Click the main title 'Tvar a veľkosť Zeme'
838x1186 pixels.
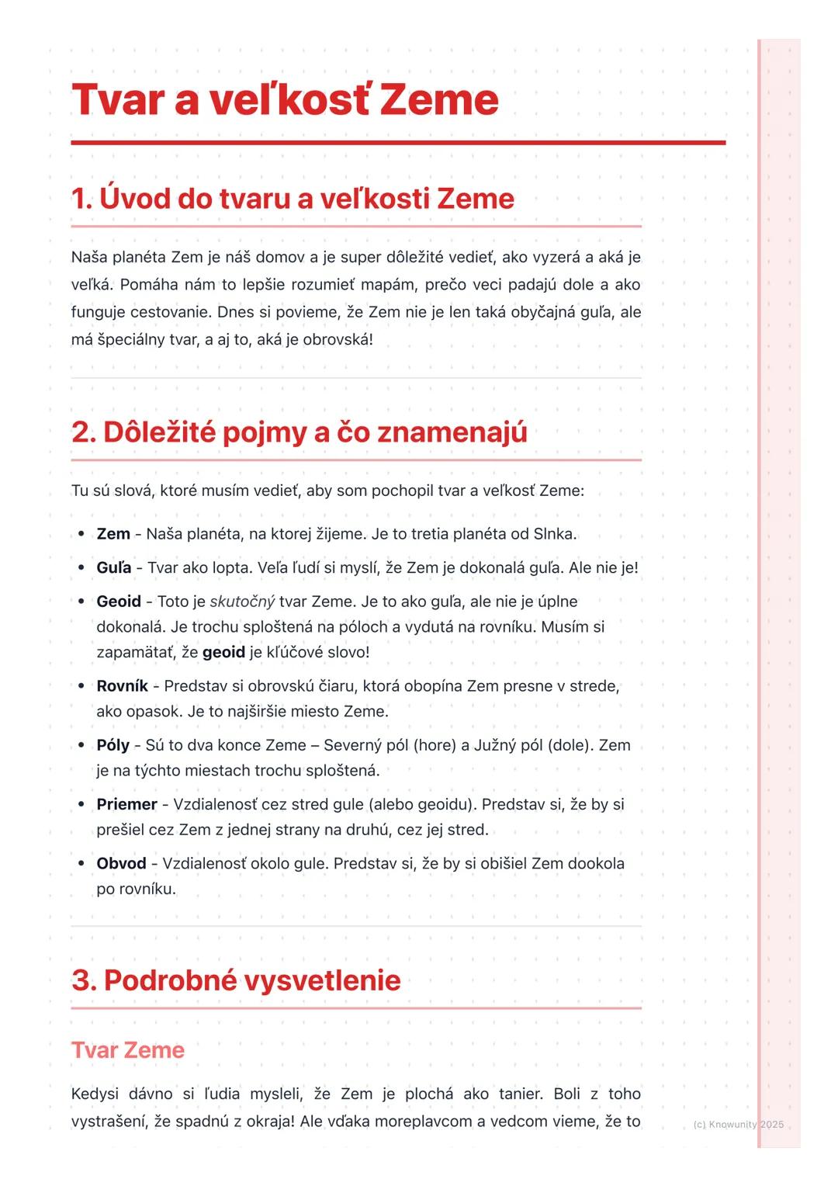click(x=285, y=100)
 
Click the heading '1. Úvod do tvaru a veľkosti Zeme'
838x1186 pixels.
click(x=293, y=199)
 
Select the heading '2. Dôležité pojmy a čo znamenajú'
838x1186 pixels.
click(x=299, y=432)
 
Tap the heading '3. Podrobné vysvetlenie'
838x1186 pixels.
click(x=236, y=980)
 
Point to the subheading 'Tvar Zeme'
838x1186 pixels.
click(x=128, y=1050)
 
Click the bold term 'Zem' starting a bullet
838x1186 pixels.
click(x=113, y=534)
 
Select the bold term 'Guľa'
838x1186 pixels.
click(x=114, y=567)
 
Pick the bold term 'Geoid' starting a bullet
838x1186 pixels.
click(x=119, y=602)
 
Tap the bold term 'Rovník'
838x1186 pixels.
click(x=122, y=686)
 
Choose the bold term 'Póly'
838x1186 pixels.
click(x=113, y=745)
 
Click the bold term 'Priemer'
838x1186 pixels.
click(x=126, y=804)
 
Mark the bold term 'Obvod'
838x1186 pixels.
click(x=121, y=863)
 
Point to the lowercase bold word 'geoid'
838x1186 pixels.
click(x=223, y=652)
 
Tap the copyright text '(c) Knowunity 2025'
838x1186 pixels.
click(x=738, y=1124)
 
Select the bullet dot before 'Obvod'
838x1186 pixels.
click(x=81, y=863)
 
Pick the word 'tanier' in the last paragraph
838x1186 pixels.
click(x=520, y=1094)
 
